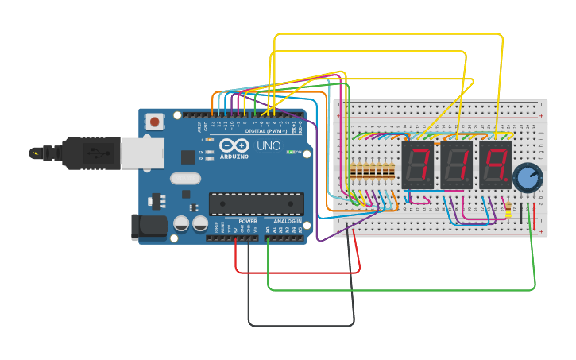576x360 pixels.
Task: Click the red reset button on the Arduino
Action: (154, 122)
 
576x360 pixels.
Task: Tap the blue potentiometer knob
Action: (526, 177)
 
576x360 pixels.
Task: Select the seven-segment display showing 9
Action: (494, 165)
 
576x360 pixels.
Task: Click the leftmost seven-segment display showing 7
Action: (416, 165)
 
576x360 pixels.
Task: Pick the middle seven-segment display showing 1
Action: (455, 165)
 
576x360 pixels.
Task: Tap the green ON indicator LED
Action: (290, 152)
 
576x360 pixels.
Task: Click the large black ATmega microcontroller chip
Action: (256, 203)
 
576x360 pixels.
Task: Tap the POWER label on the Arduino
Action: (248, 221)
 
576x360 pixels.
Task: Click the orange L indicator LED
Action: (209, 140)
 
